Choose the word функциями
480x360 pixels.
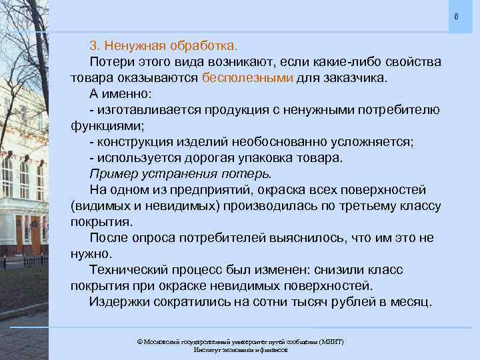point(98,125)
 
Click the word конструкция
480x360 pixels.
point(135,142)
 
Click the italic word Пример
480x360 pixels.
point(111,174)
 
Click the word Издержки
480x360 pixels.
point(117,303)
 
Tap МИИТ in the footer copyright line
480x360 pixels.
point(331,341)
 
